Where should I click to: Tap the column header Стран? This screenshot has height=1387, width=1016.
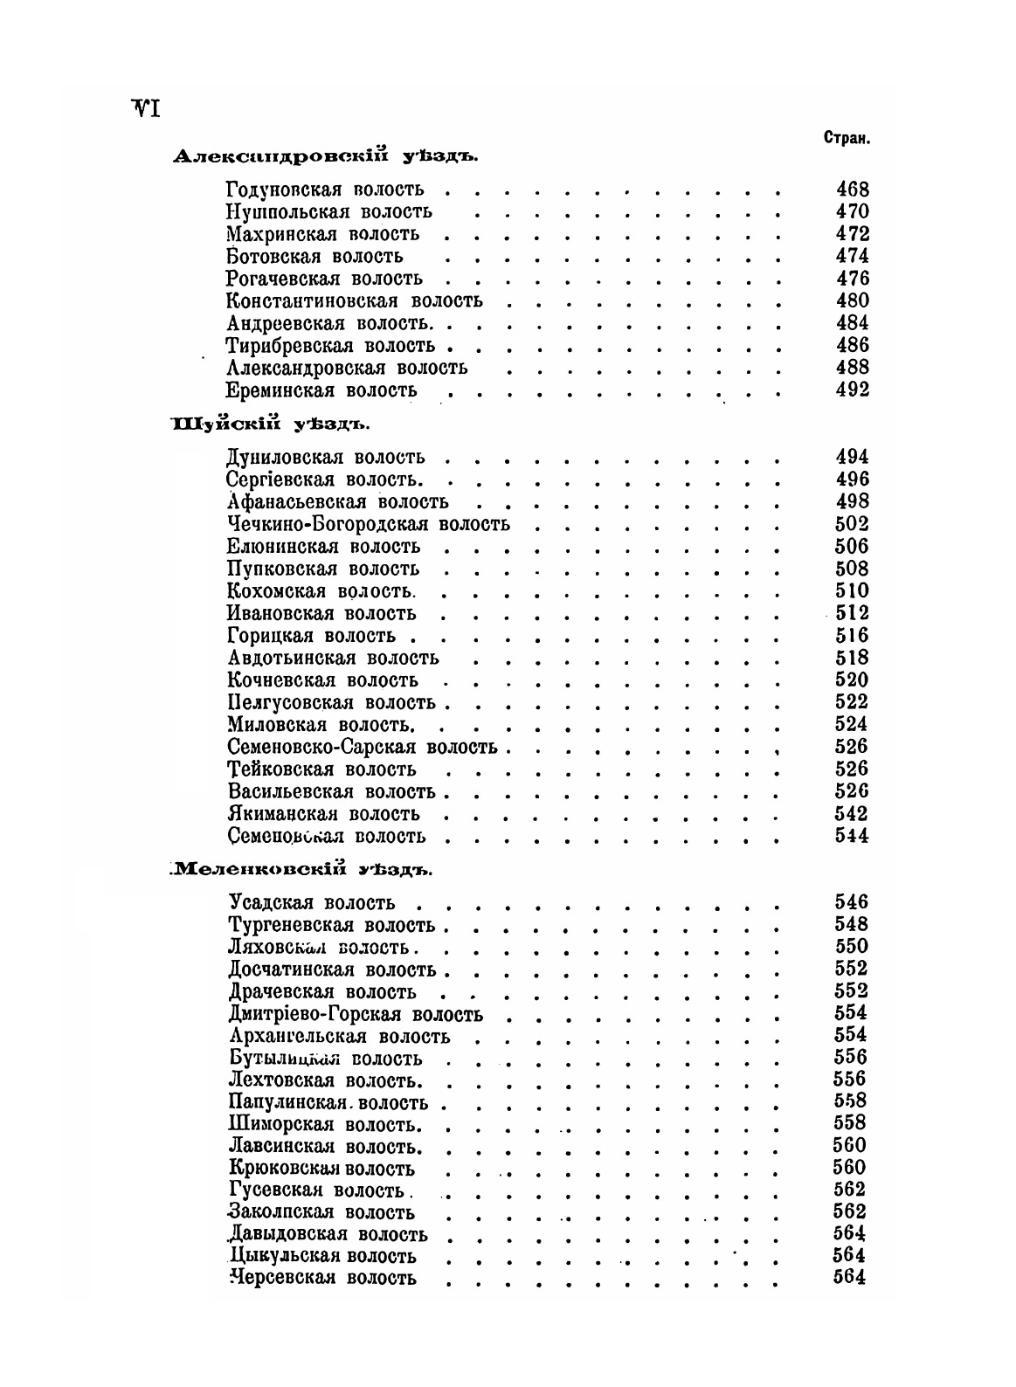click(x=846, y=139)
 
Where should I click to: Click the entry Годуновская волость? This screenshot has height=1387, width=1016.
click(x=324, y=189)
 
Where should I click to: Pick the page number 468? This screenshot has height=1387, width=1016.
click(x=852, y=189)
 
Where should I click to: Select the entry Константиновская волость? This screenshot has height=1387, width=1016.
click(x=354, y=300)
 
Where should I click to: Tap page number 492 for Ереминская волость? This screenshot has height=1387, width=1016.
click(x=852, y=390)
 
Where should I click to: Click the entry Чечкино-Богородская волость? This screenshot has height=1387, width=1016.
click(x=368, y=524)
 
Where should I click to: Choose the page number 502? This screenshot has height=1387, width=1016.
click(x=852, y=524)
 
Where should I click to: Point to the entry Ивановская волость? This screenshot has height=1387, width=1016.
click(x=321, y=613)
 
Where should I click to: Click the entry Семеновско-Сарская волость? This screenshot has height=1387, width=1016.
click(x=362, y=747)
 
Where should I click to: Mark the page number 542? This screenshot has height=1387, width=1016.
click(x=852, y=814)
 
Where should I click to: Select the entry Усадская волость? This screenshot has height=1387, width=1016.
click(x=312, y=902)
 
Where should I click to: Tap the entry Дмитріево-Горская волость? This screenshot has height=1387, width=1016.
click(x=356, y=1014)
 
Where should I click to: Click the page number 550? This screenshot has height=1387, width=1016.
click(x=852, y=947)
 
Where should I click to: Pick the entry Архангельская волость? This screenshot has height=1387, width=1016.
click(x=339, y=1037)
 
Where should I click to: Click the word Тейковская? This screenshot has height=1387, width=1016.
click(x=280, y=769)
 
